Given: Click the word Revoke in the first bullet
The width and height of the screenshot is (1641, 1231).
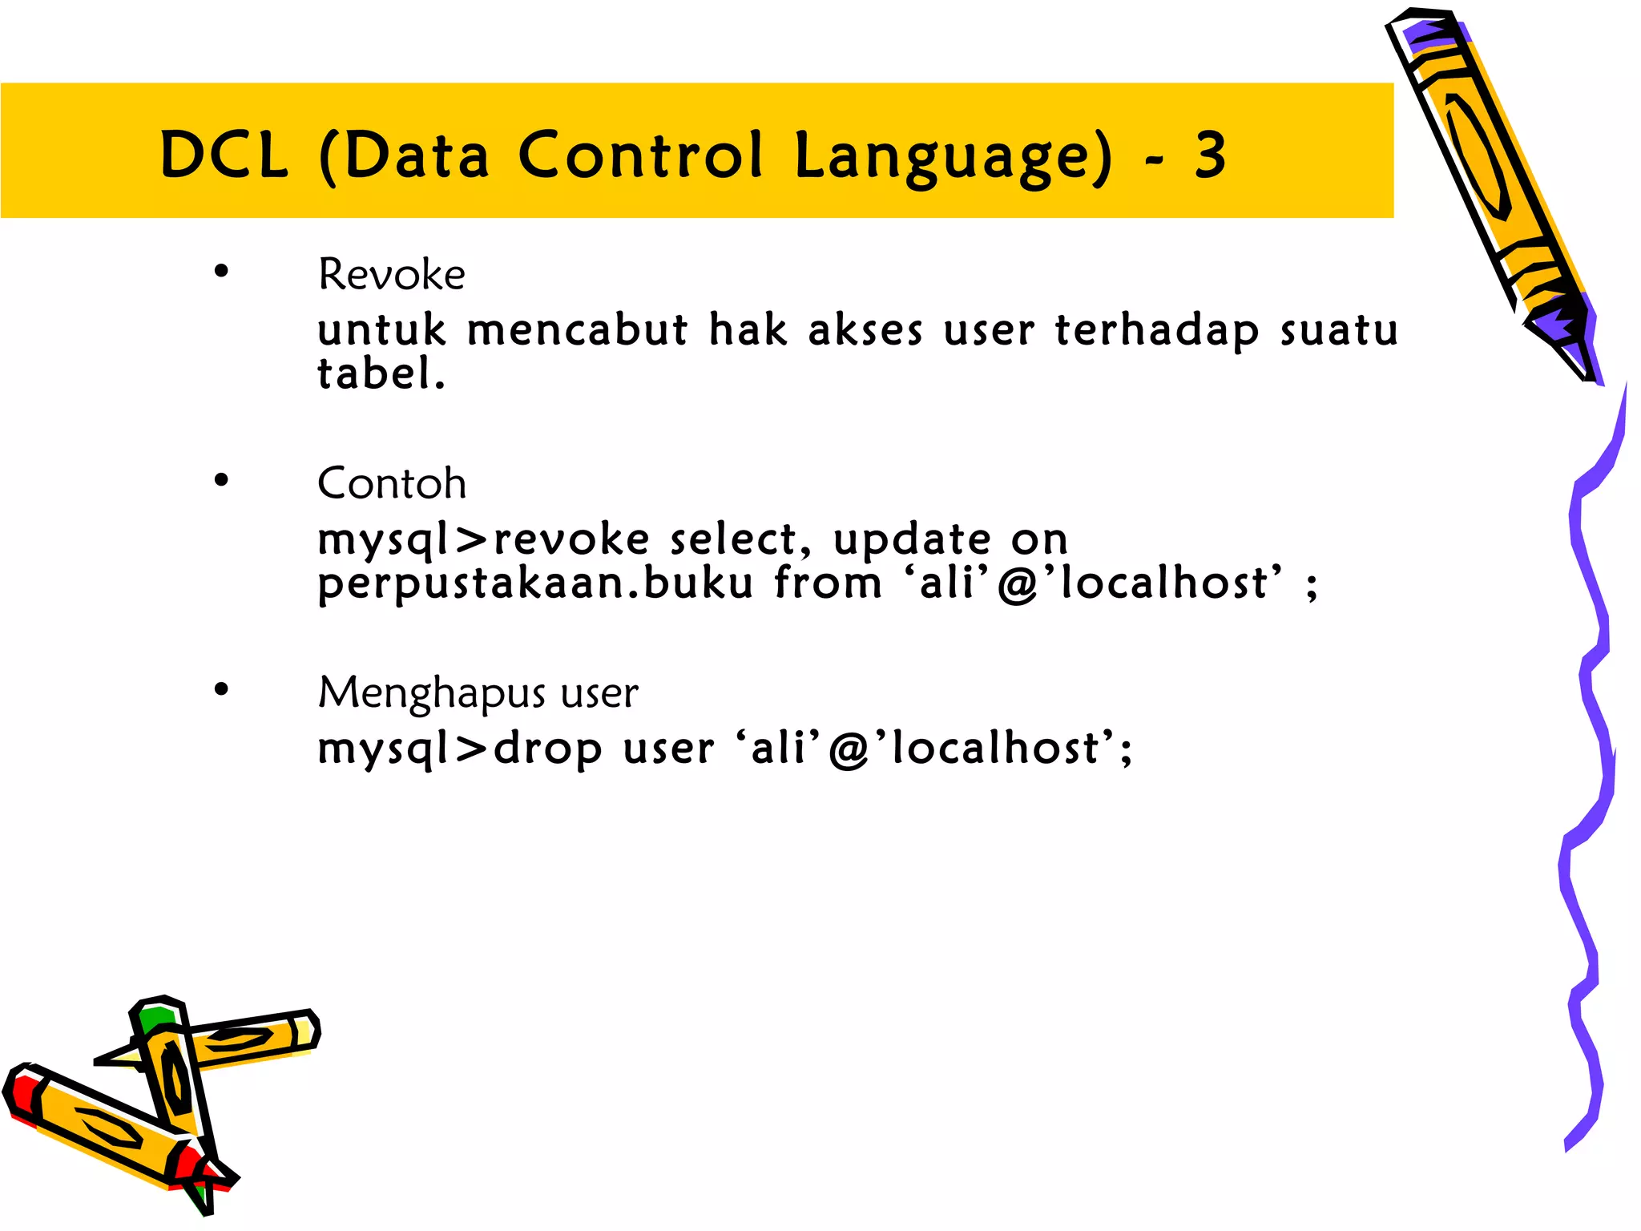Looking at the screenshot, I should coord(391,275).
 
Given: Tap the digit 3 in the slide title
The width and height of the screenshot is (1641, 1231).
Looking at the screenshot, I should coord(1210,155).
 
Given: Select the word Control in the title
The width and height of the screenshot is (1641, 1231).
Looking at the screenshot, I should coord(640,155).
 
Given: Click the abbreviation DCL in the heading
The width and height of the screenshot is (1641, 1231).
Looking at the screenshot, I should coord(224,155).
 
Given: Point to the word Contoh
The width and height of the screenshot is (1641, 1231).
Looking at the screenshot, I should coord(391,483).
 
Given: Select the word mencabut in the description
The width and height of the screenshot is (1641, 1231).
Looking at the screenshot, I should coord(577,329).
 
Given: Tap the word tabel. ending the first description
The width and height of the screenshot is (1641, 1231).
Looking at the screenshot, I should coord(381,373).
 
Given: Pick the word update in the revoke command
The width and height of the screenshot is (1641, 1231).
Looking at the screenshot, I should coord(912,539).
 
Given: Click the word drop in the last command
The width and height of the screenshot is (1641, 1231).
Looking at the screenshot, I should coord(547,749).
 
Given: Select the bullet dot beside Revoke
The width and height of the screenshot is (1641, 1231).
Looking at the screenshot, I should coord(221,272).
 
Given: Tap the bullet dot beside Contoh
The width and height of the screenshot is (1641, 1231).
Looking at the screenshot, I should coord(221,480).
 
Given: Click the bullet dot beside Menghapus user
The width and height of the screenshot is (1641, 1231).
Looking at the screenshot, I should coord(221,689).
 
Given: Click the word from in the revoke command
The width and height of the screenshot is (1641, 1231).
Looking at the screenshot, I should coord(828,583).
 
